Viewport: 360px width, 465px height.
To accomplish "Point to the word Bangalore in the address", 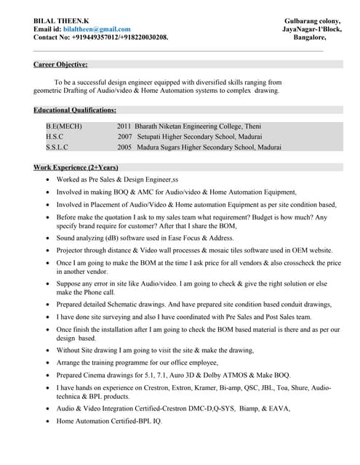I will (x=309, y=37).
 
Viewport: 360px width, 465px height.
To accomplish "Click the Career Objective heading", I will (x=61, y=65).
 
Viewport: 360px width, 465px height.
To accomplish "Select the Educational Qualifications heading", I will (x=75, y=110).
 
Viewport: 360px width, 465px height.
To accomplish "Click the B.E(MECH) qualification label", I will (x=64, y=126).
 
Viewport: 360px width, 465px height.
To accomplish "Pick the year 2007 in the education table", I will (x=124, y=136).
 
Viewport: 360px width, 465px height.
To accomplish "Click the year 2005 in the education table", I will (x=124, y=146).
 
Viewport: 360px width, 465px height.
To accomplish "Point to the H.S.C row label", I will (x=54, y=136).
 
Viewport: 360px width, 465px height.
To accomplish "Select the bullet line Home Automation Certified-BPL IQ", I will (x=109, y=421).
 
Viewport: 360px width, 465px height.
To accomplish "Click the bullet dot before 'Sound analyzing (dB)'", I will (x=48, y=238).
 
